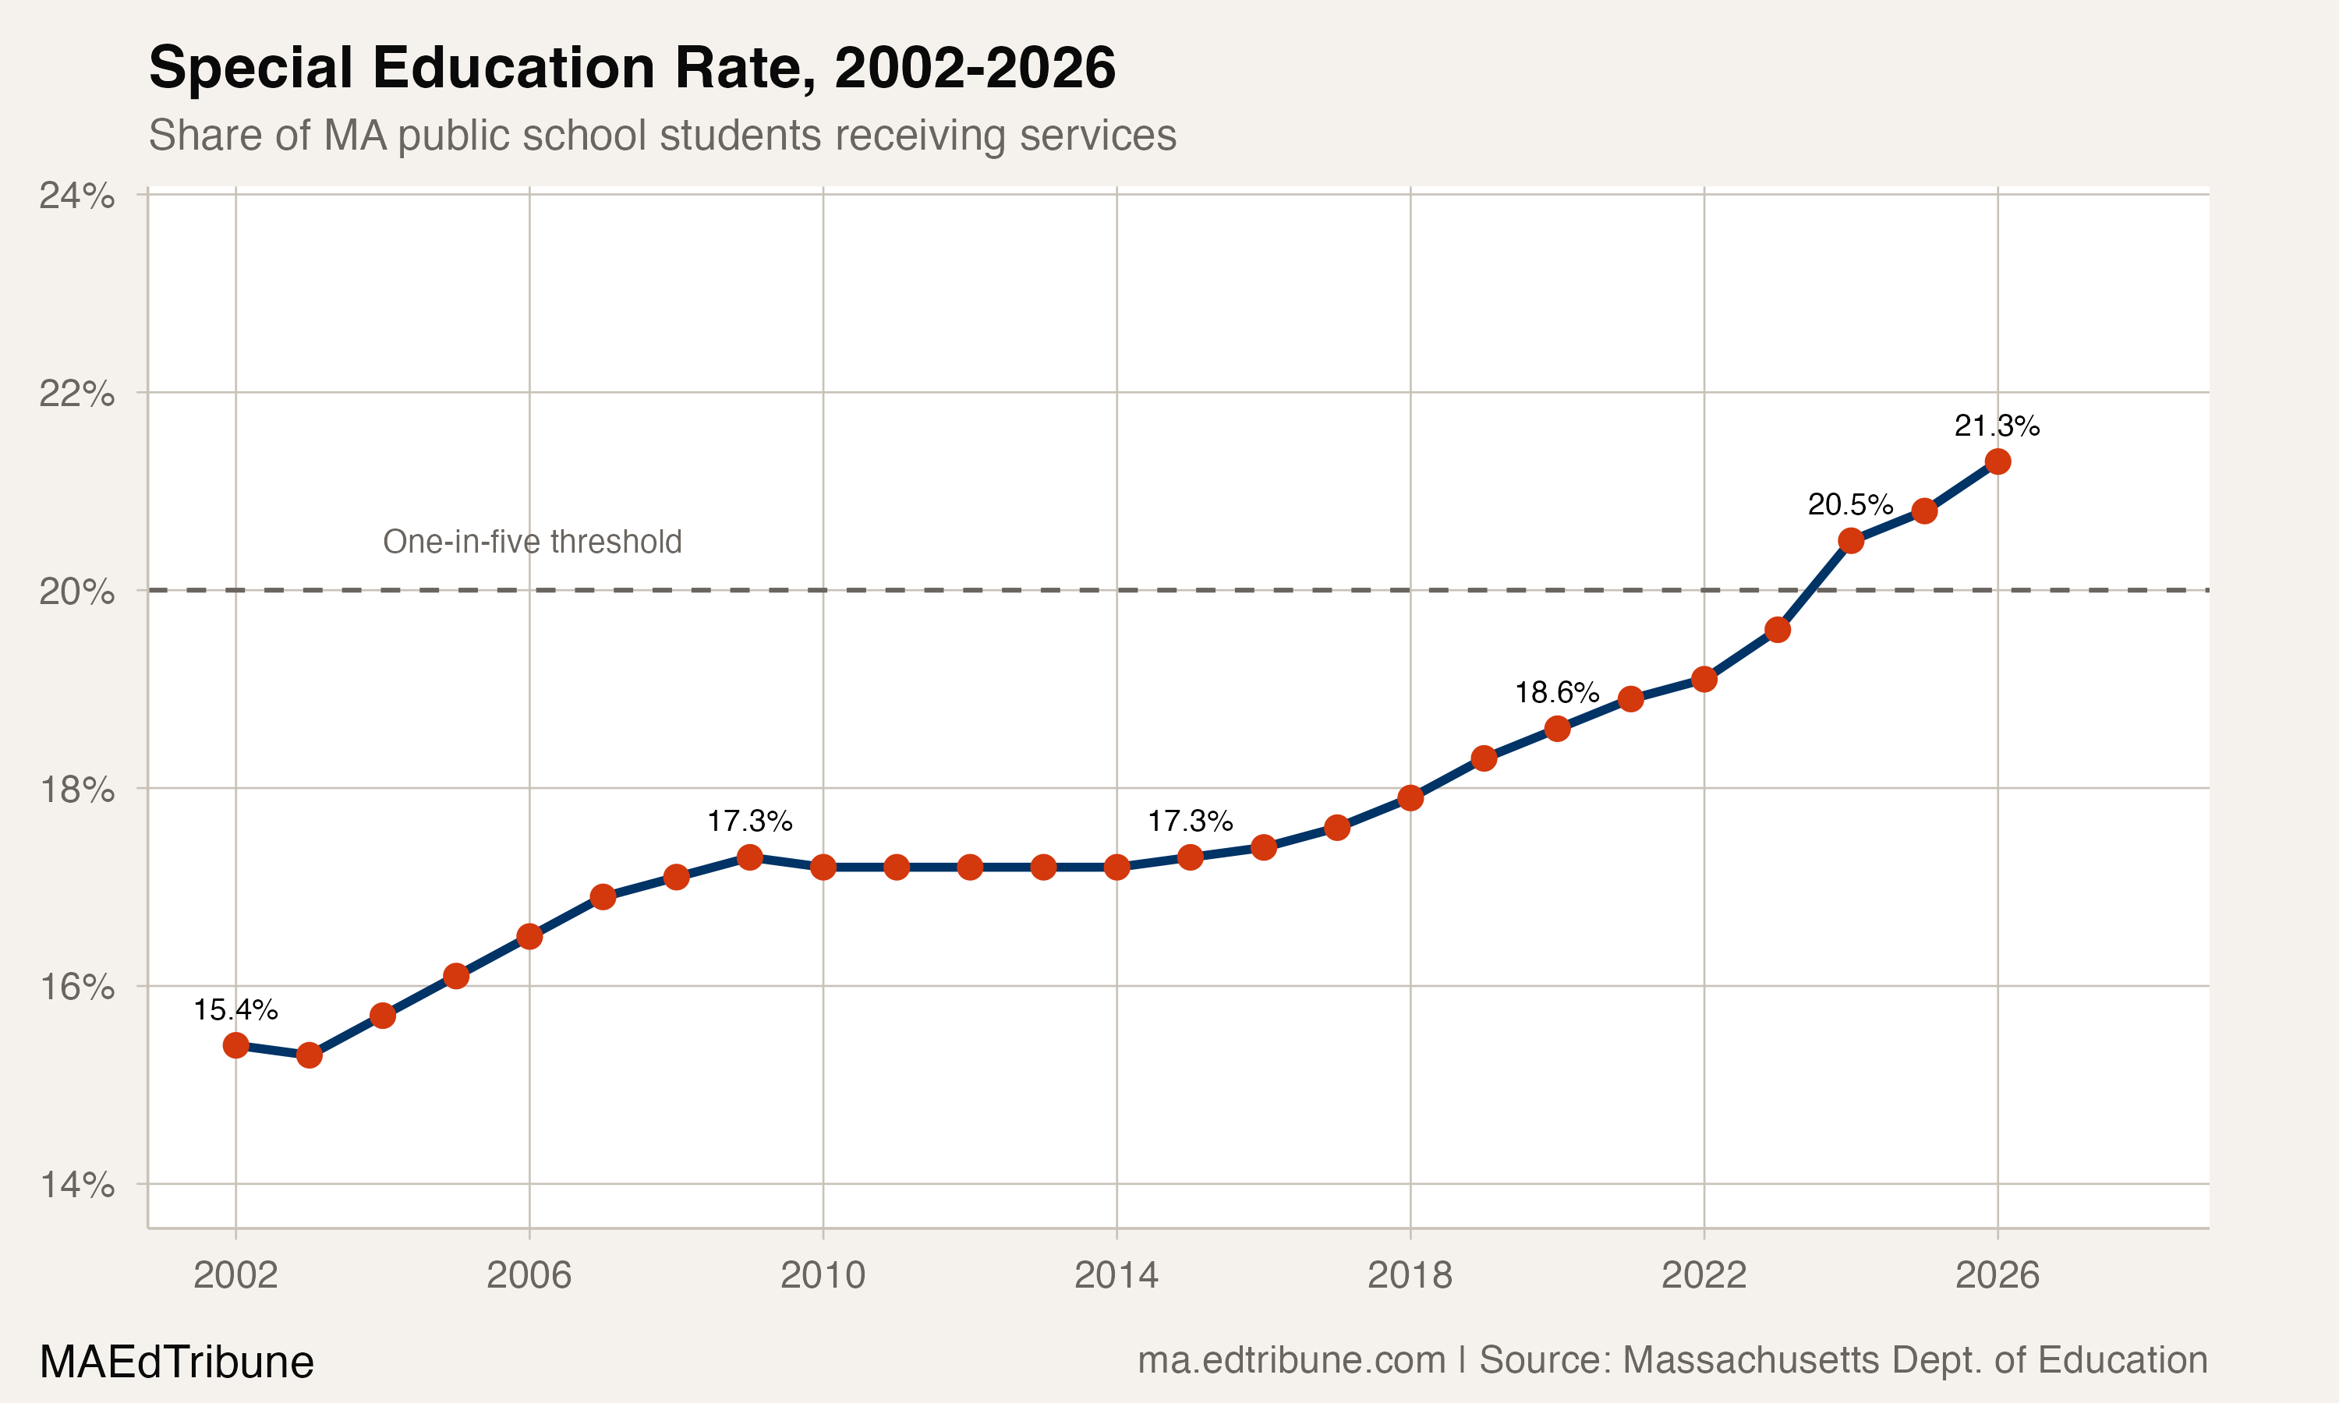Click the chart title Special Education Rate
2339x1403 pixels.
(x=632, y=68)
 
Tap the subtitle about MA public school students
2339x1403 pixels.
(x=662, y=135)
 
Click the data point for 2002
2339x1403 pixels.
(x=235, y=1044)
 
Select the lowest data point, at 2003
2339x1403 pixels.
(x=310, y=1055)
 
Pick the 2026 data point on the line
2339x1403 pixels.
(x=1998, y=461)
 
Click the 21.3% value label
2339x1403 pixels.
(x=1997, y=426)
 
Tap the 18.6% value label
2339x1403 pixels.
(x=1556, y=693)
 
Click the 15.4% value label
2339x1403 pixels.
(x=235, y=1009)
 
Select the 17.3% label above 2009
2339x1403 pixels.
(x=750, y=822)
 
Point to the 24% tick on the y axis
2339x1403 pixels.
(x=76, y=196)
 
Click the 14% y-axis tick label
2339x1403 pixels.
(x=76, y=1185)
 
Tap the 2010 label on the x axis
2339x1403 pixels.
(x=823, y=1275)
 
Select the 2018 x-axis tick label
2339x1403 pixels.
(x=1410, y=1275)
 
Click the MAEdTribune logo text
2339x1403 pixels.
(x=177, y=1362)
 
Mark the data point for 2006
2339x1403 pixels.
(x=529, y=937)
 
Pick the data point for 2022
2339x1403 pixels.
(x=1704, y=679)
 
